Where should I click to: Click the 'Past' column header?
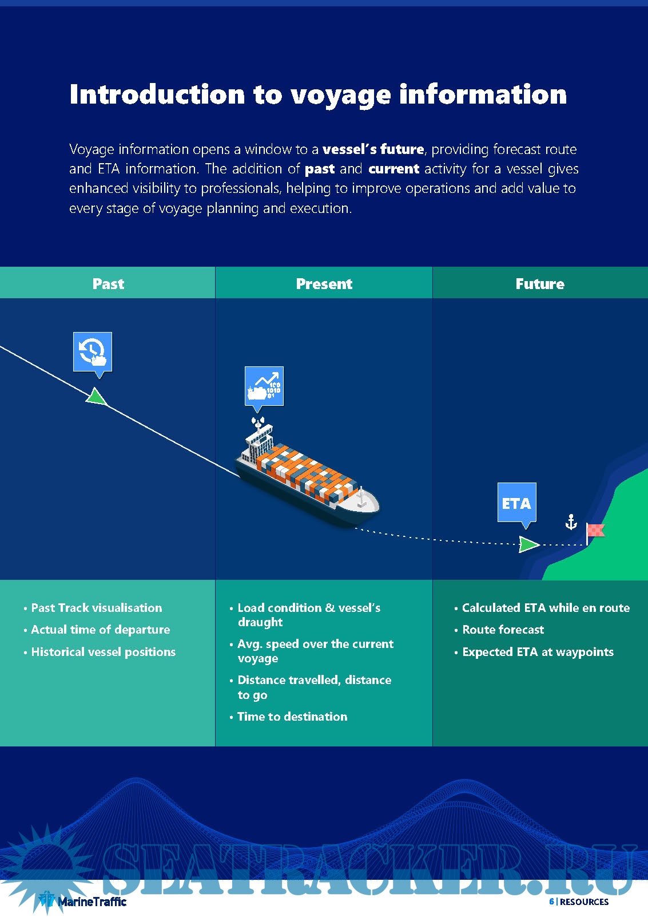108,284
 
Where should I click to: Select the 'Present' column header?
324,284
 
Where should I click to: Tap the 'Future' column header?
540,284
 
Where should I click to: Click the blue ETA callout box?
516,503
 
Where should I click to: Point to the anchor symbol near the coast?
571,521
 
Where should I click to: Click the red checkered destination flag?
596,531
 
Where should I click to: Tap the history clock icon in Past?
93,351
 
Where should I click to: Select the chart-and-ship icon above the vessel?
264,386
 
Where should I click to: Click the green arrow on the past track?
97,396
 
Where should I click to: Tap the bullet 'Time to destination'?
292,717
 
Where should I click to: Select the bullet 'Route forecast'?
503,630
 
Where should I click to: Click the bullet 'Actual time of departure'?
100,630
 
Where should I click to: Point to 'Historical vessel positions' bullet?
103,652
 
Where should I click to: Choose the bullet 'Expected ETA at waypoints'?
538,652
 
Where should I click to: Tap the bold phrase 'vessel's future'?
373,149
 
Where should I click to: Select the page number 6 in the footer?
551,902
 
